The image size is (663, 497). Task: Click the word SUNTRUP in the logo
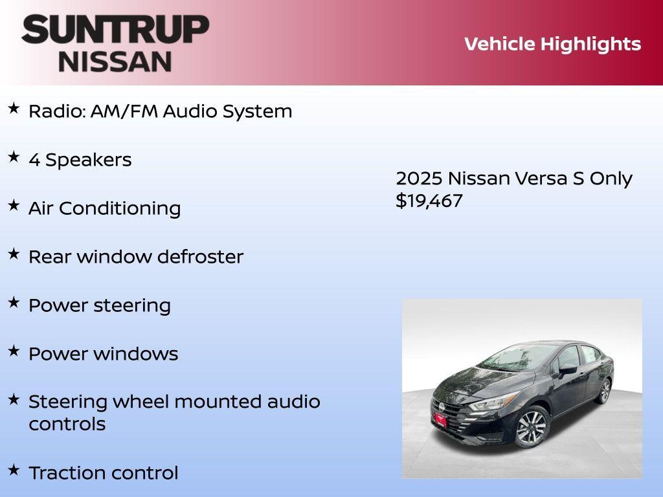[115, 30]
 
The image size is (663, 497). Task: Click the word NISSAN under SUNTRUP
[115, 61]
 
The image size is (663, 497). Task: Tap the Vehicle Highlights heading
[552, 44]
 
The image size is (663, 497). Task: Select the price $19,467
[429, 201]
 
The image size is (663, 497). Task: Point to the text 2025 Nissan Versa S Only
[514, 179]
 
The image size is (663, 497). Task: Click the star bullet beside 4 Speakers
[14, 157]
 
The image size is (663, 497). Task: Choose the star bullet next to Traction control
[14, 469]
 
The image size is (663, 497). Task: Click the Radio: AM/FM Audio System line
[160, 111]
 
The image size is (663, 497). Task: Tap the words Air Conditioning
[104, 208]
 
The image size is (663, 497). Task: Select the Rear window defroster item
[136, 257]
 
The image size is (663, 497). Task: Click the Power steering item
[100, 305]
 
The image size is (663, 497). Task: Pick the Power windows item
[103, 354]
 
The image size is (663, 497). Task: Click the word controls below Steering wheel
[67, 425]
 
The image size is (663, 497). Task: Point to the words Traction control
[103, 473]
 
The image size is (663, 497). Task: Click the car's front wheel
[532, 426]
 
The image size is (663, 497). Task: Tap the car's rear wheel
[604, 391]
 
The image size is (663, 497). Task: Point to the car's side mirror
[567, 370]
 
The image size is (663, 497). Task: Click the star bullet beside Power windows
[14, 351]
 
